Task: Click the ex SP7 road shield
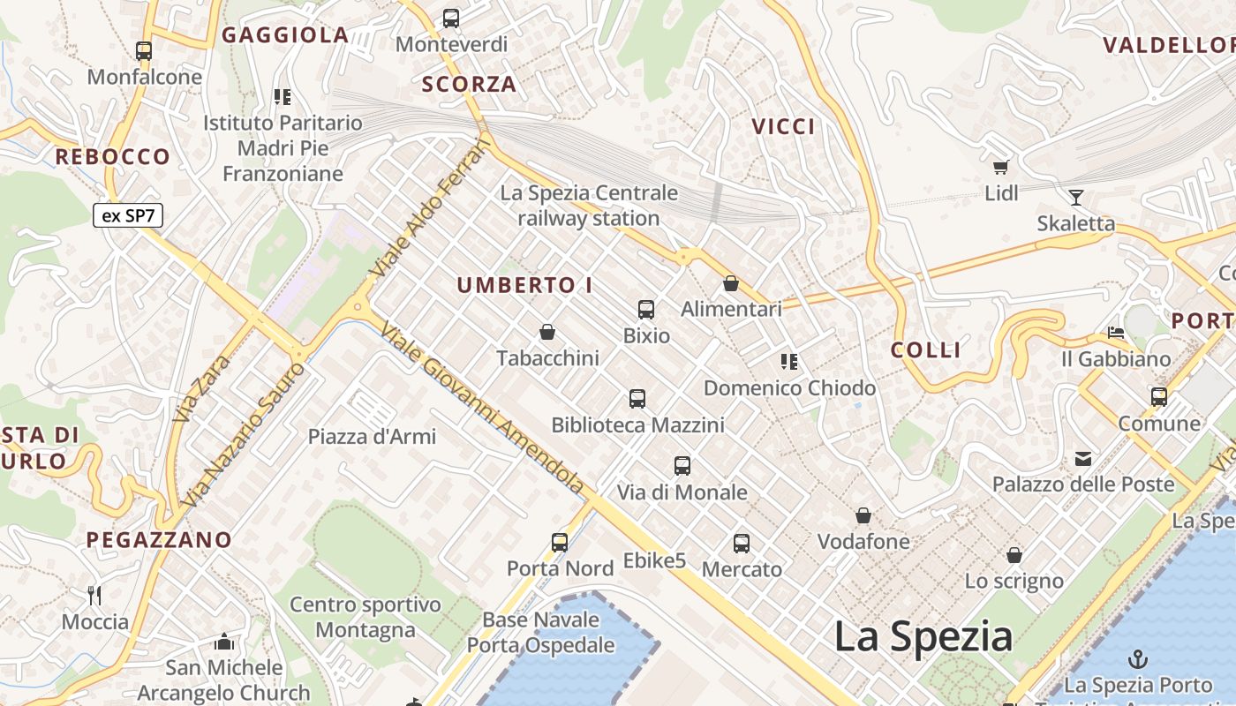pos(128,215)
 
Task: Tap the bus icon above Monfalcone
pos(144,51)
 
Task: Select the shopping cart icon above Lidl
pos(1000,167)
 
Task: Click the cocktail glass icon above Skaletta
pos(1075,197)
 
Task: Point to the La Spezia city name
pos(923,636)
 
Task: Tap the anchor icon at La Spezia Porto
pos(1138,659)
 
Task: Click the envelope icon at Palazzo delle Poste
pos(1083,458)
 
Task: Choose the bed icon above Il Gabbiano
pos(1116,333)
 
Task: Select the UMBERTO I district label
pos(524,285)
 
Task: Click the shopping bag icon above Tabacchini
pos(547,332)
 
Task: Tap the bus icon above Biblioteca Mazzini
pos(637,399)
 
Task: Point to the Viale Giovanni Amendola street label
pos(482,408)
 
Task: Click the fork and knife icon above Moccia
pos(95,596)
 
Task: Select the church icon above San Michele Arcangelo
pos(224,642)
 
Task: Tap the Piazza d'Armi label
pos(372,436)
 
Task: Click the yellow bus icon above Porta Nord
pos(560,542)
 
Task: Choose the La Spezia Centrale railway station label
pos(589,205)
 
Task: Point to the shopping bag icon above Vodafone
pos(863,515)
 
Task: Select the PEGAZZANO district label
pos(159,539)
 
